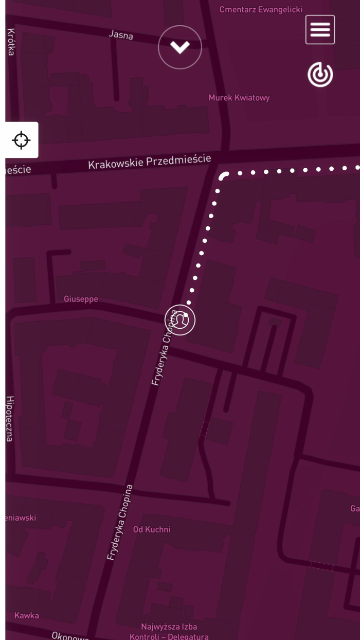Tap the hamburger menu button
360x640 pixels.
(x=320, y=29)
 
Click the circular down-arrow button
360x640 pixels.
(x=180, y=47)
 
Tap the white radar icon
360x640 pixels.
(x=320, y=75)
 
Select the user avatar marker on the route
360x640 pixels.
(x=180, y=320)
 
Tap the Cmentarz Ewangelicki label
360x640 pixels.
(x=261, y=9)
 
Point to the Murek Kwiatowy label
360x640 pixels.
(x=239, y=98)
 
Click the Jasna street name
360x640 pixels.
(x=121, y=35)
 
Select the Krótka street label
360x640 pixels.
(x=11, y=42)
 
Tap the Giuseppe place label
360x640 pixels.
(x=81, y=299)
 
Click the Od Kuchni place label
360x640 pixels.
(x=152, y=529)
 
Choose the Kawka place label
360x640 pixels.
(x=27, y=615)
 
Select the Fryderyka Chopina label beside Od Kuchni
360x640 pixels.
(x=120, y=522)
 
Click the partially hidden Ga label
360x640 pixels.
(x=355, y=508)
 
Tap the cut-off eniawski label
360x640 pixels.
(x=21, y=518)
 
